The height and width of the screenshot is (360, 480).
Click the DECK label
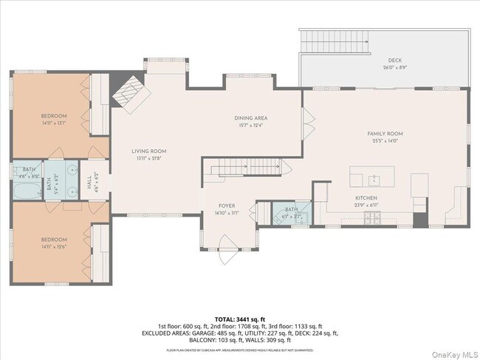395,61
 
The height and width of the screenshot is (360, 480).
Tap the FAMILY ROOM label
385,134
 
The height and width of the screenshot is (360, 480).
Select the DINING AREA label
250,118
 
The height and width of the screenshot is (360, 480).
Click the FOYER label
226,206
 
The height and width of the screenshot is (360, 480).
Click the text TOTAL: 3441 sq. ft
239,318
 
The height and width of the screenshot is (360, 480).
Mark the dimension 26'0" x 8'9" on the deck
395,67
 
